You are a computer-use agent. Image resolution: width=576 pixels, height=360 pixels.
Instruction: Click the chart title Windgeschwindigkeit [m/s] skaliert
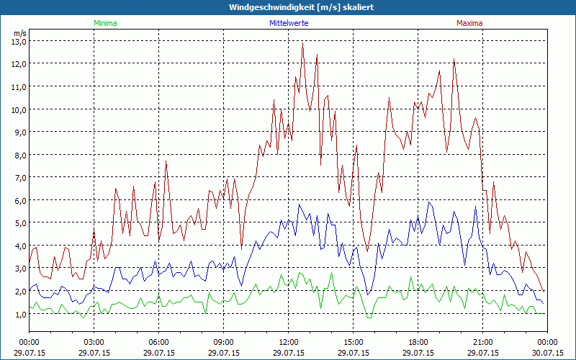click(288, 7)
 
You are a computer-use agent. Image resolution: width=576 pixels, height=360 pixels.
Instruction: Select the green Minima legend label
click(104, 23)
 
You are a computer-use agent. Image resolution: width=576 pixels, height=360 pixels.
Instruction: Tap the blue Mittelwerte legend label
click(288, 23)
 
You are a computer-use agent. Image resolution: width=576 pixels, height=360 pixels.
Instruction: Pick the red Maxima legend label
click(469, 23)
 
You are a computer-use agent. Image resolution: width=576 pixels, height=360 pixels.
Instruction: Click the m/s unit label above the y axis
click(19, 33)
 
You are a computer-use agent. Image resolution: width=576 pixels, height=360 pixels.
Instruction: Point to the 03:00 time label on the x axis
click(94, 342)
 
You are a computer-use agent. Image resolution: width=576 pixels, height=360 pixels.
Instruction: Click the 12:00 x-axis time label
click(289, 342)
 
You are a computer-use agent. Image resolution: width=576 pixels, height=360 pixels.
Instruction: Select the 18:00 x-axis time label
click(418, 342)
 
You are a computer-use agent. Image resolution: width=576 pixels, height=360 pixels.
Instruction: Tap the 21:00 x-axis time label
click(483, 342)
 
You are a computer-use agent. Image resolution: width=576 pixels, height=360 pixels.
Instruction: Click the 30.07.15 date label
click(547, 353)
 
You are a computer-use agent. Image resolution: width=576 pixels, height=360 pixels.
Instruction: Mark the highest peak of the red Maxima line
click(302, 42)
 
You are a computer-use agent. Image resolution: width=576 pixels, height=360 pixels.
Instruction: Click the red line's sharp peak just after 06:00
click(166, 161)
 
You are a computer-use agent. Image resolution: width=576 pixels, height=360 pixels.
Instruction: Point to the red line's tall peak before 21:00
click(454, 60)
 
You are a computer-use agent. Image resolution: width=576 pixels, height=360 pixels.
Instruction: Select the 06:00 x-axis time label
click(159, 342)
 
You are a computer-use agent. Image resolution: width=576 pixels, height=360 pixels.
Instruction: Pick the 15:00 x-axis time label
click(354, 342)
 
